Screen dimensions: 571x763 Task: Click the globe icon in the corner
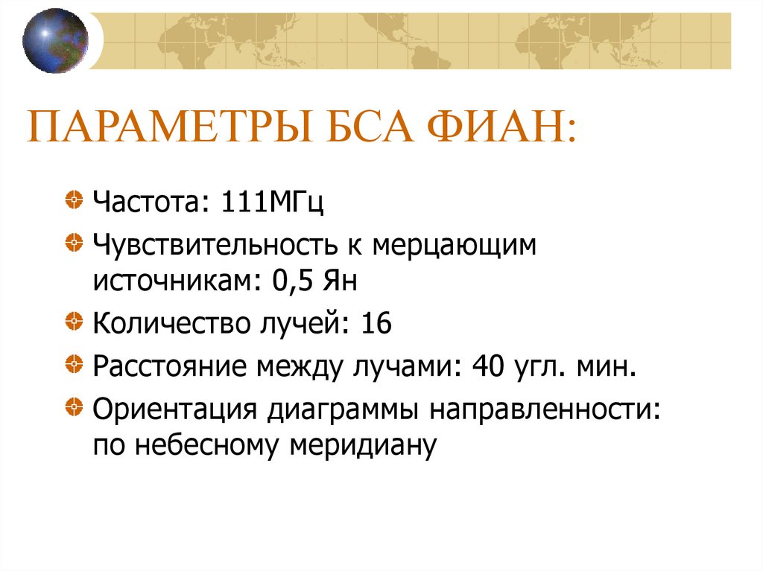55,40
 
